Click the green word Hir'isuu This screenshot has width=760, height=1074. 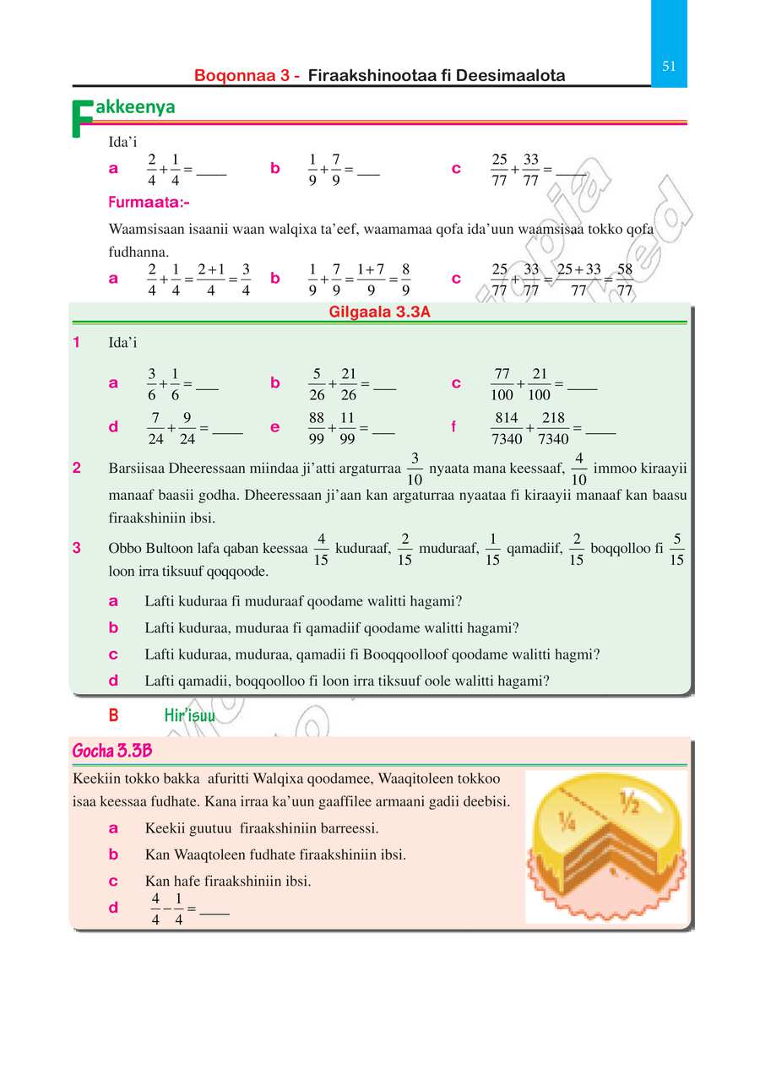190,716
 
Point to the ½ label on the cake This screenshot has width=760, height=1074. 628,800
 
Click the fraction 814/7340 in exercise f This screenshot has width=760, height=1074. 507,428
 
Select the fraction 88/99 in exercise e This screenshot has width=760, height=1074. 317,428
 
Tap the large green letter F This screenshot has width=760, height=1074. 82,119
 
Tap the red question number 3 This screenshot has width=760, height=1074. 77,548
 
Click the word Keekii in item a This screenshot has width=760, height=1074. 164,827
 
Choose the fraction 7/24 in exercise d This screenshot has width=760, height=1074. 156,428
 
